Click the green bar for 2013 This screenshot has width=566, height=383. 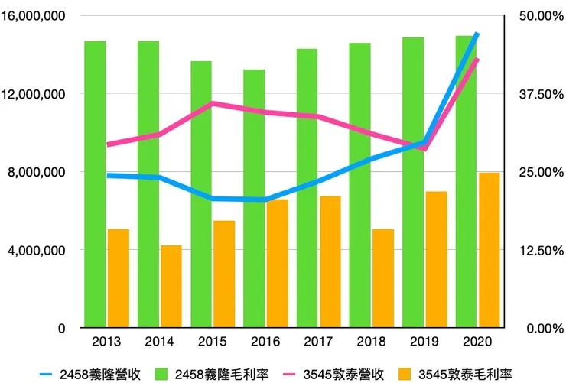(x=95, y=183)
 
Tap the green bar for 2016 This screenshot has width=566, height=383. (x=254, y=198)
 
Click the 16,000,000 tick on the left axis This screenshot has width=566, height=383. (x=35, y=16)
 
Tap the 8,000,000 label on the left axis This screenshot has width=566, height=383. (x=38, y=172)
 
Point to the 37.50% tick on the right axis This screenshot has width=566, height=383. (x=536, y=94)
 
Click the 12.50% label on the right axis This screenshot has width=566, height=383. (x=536, y=250)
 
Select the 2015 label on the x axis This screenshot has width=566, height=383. (x=213, y=341)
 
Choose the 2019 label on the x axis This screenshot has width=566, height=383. (x=425, y=341)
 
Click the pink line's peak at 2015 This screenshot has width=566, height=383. (x=213, y=102)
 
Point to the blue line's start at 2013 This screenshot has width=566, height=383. (x=107, y=175)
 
